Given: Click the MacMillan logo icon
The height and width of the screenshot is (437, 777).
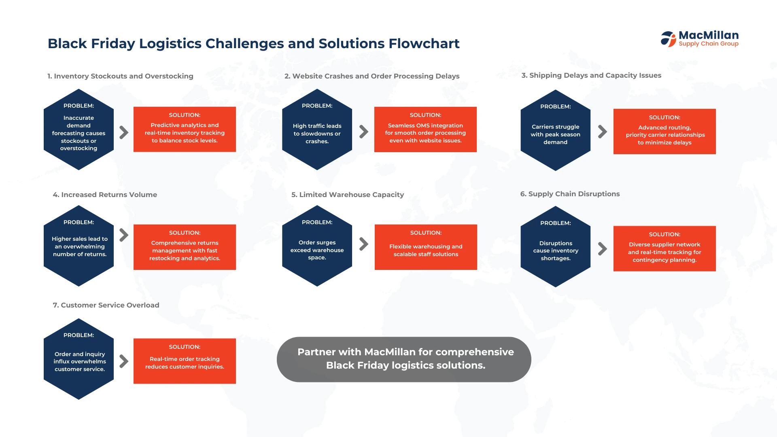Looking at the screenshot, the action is (669, 39).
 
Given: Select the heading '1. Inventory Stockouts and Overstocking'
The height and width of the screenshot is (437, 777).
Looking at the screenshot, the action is (120, 76).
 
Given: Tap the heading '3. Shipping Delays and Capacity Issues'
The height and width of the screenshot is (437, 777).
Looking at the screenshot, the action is (591, 75).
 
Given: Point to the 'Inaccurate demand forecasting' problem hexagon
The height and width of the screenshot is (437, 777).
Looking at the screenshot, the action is (79, 129).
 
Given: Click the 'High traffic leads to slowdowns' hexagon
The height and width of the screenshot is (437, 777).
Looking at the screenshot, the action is (317, 129).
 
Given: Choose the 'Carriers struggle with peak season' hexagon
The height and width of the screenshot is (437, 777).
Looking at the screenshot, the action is (555, 130).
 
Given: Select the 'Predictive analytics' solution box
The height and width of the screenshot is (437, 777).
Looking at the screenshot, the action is (185, 129).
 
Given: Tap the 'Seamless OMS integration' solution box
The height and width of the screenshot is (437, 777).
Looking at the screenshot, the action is (425, 129).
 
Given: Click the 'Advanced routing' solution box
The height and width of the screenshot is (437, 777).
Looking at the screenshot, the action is (664, 132).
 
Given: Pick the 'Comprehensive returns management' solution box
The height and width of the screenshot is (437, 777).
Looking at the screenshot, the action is (185, 247).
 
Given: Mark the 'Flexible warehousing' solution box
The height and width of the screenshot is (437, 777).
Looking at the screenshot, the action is (426, 247).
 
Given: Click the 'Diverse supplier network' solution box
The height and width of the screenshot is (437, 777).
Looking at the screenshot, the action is (664, 248).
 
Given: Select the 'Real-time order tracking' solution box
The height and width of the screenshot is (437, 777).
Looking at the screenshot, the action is (185, 361).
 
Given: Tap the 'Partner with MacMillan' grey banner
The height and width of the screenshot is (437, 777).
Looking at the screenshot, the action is (404, 359).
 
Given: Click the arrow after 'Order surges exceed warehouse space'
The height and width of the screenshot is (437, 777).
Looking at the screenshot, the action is (364, 244).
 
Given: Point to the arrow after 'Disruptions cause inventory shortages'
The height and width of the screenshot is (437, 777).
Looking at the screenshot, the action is (603, 248).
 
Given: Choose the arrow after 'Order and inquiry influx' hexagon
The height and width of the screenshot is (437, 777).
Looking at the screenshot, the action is (124, 361).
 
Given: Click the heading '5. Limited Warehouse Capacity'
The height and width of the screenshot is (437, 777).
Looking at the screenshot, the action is (348, 195).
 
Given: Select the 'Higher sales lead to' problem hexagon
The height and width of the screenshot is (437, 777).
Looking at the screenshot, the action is (79, 246).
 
